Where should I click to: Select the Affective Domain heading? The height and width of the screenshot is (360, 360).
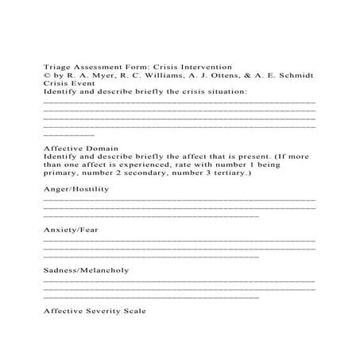80,148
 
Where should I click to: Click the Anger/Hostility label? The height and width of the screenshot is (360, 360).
76,189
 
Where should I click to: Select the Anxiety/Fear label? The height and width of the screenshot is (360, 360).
69,230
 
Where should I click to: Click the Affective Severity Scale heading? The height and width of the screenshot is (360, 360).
95,312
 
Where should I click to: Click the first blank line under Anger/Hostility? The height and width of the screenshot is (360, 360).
178,199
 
